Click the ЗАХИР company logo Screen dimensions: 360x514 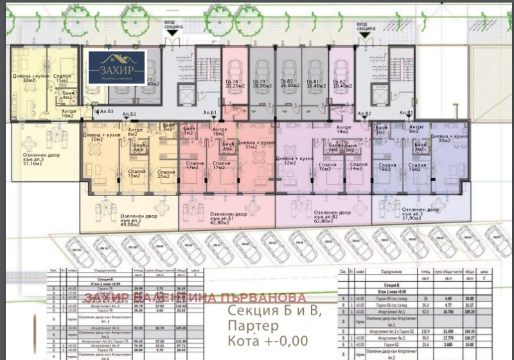(117, 67)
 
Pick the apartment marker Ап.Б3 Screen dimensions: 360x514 (107, 112)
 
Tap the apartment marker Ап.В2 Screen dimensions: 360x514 (364, 114)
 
